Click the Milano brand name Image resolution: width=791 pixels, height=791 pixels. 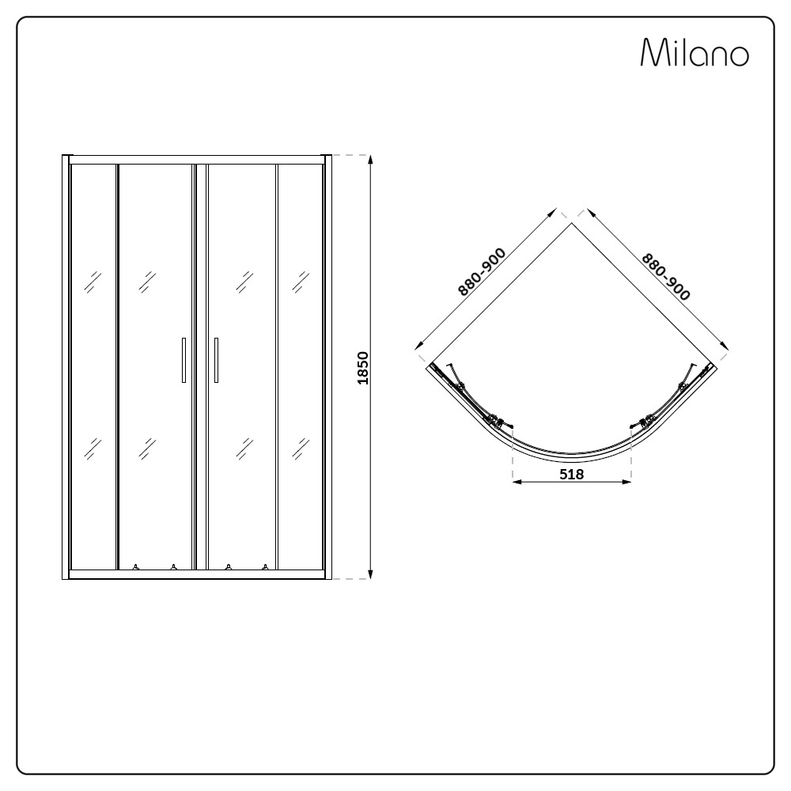tap(694, 54)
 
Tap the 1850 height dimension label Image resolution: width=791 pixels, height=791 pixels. tap(362, 368)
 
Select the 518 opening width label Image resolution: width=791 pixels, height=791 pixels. tap(571, 475)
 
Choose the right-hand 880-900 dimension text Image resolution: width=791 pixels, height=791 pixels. tap(665, 276)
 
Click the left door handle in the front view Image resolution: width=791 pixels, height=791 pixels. tap(184, 360)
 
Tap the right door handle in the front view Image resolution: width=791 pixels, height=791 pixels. tap(216, 360)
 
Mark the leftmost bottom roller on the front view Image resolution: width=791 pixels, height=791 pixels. tap(136, 566)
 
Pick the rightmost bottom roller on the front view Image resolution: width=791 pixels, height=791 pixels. tap(266, 566)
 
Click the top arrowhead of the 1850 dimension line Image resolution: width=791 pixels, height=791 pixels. tap(370, 159)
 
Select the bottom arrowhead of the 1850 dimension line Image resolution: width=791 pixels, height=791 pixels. tap(370, 575)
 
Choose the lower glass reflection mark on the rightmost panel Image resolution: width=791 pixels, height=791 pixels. tap(301, 448)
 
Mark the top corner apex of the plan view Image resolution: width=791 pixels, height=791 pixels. tap(573, 224)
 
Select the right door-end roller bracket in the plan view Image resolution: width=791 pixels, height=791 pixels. tap(647, 420)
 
